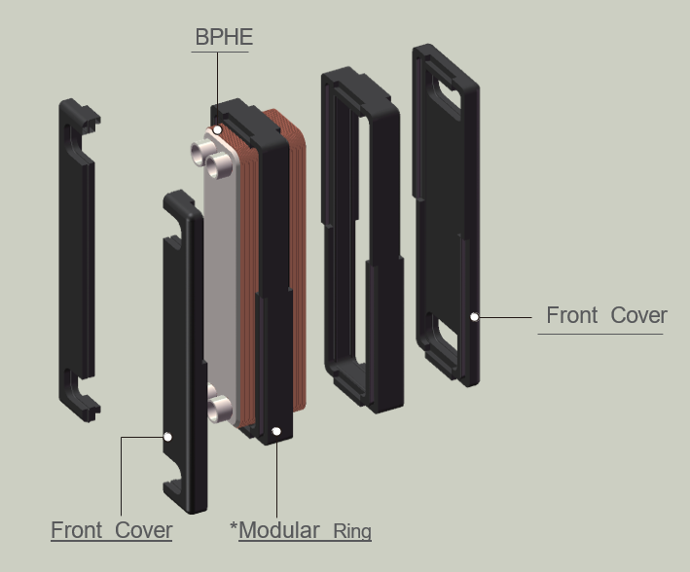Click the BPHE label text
[x=224, y=37]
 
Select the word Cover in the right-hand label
[x=638, y=315]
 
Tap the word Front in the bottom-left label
[x=77, y=530]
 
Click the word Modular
[x=278, y=530]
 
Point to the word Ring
[x=352, y=531]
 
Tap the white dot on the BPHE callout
[x=218, y=129]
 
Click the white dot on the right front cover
[x=475, y=316]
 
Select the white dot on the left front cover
[x=167, y=437]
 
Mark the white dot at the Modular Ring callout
[x=276, y=430]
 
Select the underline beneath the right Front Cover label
[x=599, y=334]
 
